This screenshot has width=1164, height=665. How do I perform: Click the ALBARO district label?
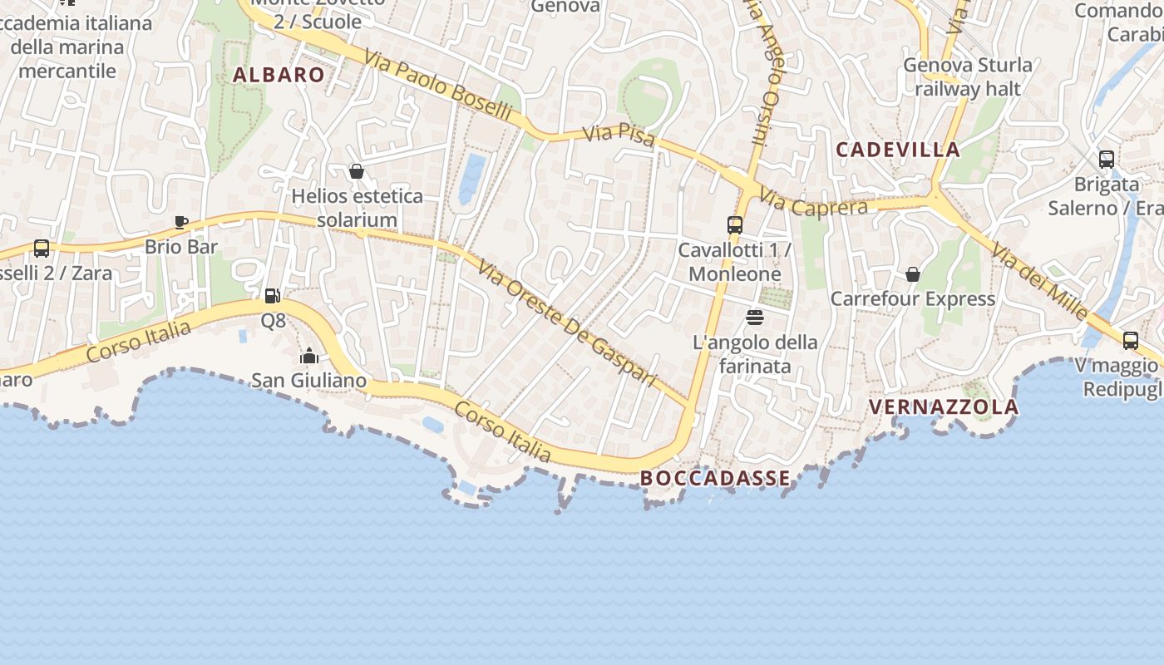(279, 75)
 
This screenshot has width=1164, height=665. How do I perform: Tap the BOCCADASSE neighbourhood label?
(715, 478)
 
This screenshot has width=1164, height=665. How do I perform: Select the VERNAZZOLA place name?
(943, 406)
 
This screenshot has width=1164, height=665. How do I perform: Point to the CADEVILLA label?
(898, 150)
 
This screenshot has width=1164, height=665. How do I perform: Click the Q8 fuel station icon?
(272, 295)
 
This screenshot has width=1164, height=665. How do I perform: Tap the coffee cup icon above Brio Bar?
(181, 222)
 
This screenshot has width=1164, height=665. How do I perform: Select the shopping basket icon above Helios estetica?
(357, 171)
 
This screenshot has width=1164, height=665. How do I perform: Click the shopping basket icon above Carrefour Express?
(913, 274)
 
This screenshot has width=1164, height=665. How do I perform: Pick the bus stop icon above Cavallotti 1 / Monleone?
(735, 224)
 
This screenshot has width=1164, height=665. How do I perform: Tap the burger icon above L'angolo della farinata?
(755, 317)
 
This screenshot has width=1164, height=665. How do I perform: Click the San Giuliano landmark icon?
(309, 356)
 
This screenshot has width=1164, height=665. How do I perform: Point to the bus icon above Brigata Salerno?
(1107, 160)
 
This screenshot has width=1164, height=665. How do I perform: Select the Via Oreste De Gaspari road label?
(567, 323)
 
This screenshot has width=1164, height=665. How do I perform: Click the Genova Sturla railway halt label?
(968, 76)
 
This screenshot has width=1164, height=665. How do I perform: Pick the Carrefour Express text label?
(913, 299)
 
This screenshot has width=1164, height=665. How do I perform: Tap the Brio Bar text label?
(181, 247)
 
